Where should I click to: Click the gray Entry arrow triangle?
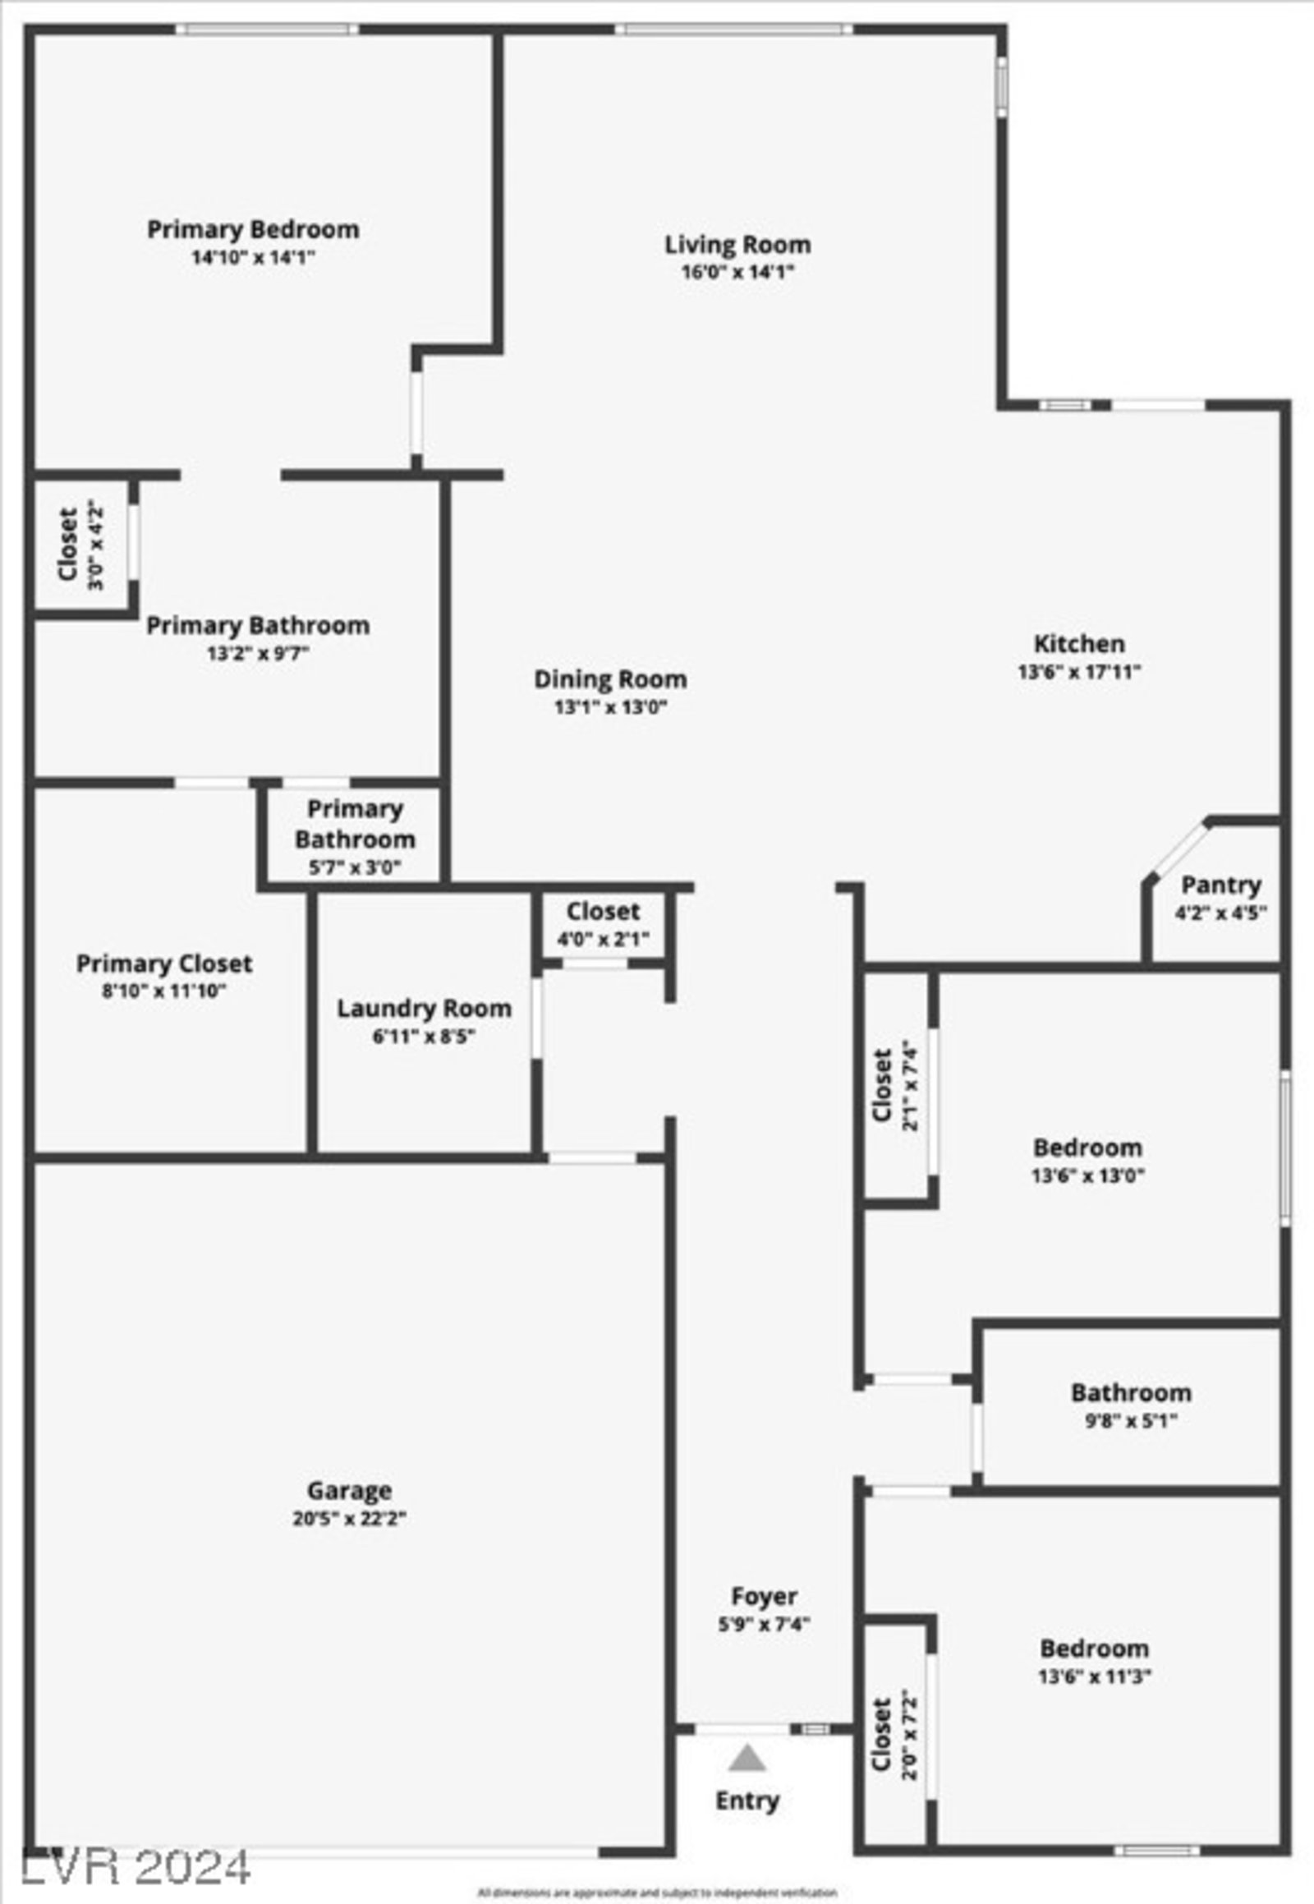747,1760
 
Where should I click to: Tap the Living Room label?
737,245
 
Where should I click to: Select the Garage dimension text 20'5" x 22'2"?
349,1519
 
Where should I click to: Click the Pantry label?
1221,885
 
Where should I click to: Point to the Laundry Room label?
424,1008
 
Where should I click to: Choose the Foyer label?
764,1596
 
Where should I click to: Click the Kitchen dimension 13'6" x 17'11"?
1079,672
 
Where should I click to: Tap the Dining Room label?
610,679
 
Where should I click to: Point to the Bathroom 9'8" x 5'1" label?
1131,1392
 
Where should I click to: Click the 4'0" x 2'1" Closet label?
603,912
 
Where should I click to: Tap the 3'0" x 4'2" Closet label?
68,545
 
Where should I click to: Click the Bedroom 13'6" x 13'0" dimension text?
1087,1175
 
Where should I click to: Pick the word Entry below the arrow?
747,1801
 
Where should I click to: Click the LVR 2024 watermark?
136,1867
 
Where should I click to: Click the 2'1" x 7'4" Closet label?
882,1085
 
